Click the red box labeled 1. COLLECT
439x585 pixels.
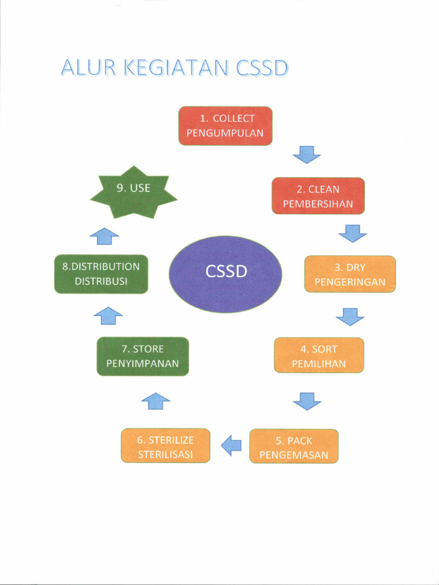(225, 126)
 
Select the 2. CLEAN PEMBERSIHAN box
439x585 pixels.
(318, 196)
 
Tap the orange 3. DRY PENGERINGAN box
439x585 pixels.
(350, 274)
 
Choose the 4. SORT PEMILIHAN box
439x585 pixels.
(318, 355)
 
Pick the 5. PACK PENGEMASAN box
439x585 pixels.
(294, 446)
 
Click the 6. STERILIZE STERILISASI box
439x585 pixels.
(165, 446)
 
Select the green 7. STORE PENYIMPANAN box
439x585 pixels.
(142, 356)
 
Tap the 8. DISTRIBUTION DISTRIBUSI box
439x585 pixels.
(101, 274)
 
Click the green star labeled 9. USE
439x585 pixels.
(134, 191)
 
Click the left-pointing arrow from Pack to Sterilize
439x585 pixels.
(231, 445)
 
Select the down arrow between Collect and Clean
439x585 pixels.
(306, 154)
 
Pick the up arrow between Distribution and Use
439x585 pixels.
(105, 235)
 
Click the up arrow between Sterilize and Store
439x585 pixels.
(155, 400)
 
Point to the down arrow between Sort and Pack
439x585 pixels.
(307, 401)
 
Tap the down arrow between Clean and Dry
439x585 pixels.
(352, 233)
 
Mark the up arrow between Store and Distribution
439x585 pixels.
(108, 315)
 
